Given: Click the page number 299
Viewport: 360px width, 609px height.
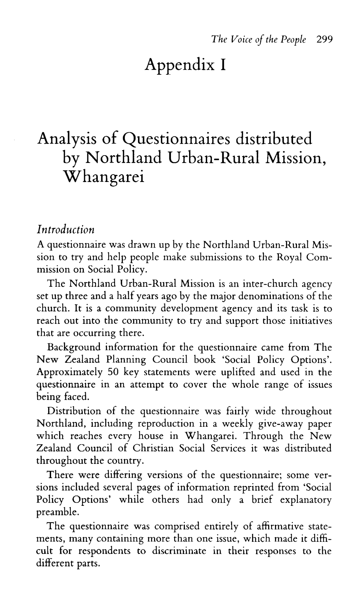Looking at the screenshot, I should point(324,39).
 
